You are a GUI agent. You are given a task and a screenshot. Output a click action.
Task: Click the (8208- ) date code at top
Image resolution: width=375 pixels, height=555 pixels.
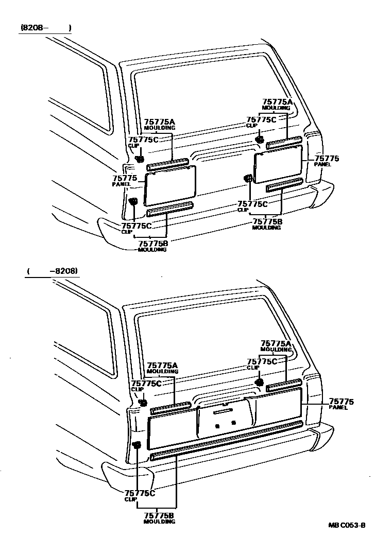tap(45, 28)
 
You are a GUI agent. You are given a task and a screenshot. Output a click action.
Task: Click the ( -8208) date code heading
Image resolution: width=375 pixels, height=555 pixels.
tap(53, 271)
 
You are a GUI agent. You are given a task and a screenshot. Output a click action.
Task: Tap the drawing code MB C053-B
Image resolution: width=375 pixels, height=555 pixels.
tap(347, 526)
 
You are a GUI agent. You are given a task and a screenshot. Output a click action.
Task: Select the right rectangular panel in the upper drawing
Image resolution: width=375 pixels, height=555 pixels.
tap(281, 163)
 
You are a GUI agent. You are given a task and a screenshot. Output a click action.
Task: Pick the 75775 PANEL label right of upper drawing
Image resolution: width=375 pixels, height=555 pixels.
tap(327, 161)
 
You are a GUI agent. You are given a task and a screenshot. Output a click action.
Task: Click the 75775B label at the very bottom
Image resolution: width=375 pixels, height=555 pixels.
tap(159, 517)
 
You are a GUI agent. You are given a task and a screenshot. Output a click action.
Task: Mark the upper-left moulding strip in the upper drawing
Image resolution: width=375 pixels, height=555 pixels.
tap(167, 164)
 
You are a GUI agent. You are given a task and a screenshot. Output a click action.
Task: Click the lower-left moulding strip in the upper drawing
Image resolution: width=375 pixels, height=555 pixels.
tap(169, 210)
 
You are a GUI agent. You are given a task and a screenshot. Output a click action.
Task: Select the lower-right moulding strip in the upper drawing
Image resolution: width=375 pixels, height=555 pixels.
tap(284, 186)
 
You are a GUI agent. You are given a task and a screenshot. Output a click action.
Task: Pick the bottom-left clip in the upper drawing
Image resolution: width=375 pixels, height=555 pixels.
tap(133, 201)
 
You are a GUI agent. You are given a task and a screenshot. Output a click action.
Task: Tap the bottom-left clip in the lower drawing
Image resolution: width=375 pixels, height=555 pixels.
tap(137, 445)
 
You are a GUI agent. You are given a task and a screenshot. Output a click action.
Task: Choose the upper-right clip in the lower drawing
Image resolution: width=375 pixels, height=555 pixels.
tap(260, 382)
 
